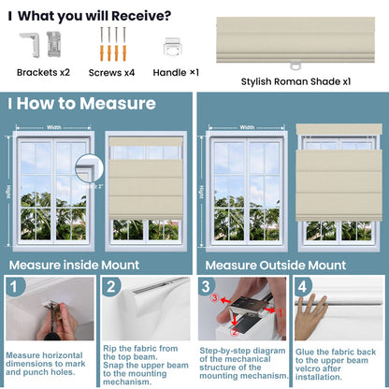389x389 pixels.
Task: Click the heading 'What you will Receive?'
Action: (x=94, y=15)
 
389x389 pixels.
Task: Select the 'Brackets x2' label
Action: (x=43, y=71)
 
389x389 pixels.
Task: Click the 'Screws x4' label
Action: (x=112, y=71)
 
